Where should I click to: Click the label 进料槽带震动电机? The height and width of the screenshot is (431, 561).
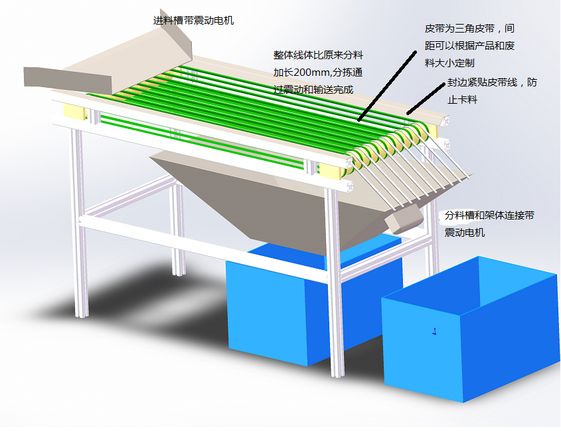(x=193, y=21)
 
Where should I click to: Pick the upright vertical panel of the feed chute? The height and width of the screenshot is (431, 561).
(x=180, y=40)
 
